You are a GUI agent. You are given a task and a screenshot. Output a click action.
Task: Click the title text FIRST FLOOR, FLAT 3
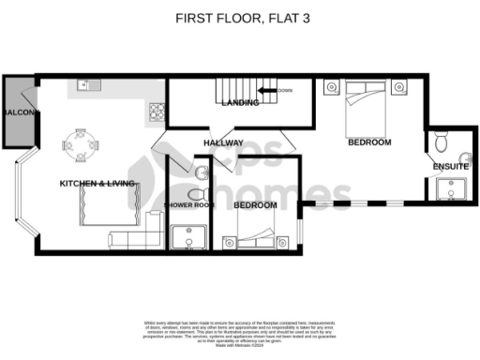point(239,17)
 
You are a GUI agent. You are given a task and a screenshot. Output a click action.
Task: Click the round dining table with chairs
point(80,143)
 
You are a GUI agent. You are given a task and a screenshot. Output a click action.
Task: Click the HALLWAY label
point(224,143)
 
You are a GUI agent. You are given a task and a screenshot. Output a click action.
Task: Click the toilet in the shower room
point(199,172)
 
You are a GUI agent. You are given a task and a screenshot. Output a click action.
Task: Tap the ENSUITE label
point(450,166)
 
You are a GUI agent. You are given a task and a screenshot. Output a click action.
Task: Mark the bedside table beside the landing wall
point(331,88)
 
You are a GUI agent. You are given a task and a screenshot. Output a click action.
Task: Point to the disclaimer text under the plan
point(239,332)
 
